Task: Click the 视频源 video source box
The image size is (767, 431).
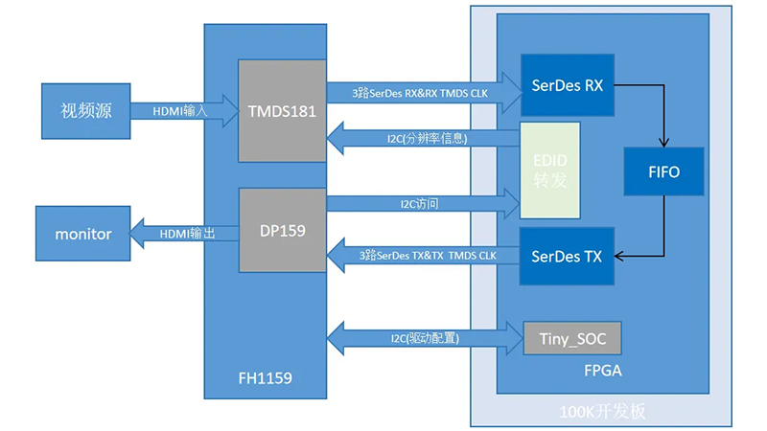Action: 86,109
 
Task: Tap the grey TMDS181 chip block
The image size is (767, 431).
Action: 282,109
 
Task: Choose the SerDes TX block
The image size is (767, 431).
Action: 567,256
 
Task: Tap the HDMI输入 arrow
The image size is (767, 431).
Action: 182,110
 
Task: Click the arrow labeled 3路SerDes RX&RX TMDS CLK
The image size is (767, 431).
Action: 422,93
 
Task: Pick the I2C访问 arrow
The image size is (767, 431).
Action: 422,203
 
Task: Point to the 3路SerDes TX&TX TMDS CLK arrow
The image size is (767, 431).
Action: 422,256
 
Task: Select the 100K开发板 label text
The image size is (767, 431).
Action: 603,412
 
